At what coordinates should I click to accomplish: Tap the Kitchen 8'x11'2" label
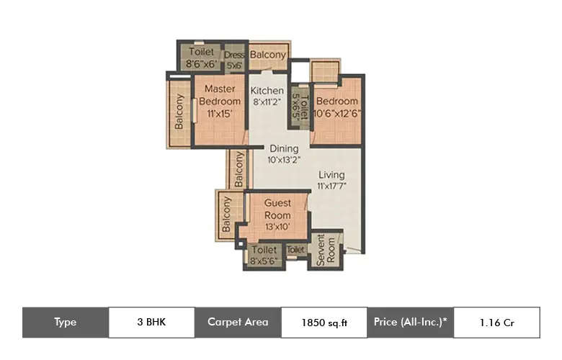[x=267, y=96]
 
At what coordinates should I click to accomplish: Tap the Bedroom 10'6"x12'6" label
[x=336, y=107]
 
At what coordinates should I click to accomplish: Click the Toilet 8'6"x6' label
[x=201, y=57]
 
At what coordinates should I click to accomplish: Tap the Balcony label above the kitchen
[x=268, y=55]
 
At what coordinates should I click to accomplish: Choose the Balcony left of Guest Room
[x=226, y=215]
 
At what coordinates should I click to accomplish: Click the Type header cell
[x=65, y=322]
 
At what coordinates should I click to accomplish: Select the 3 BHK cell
[x=151, y=322]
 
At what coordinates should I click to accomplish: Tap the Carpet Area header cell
[x=238, y=322]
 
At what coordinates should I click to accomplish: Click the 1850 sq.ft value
[x=324, y=322]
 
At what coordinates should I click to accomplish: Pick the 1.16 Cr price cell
[x=496, y=322]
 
